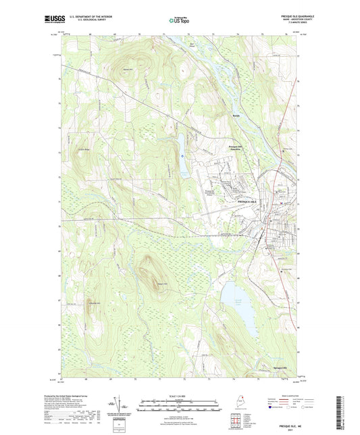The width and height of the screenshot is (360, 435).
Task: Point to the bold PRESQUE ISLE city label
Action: tap(247, 202)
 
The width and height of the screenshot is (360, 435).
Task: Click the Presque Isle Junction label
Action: tap(240, 150)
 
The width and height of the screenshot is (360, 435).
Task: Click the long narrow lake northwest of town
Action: tap(182, 152)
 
